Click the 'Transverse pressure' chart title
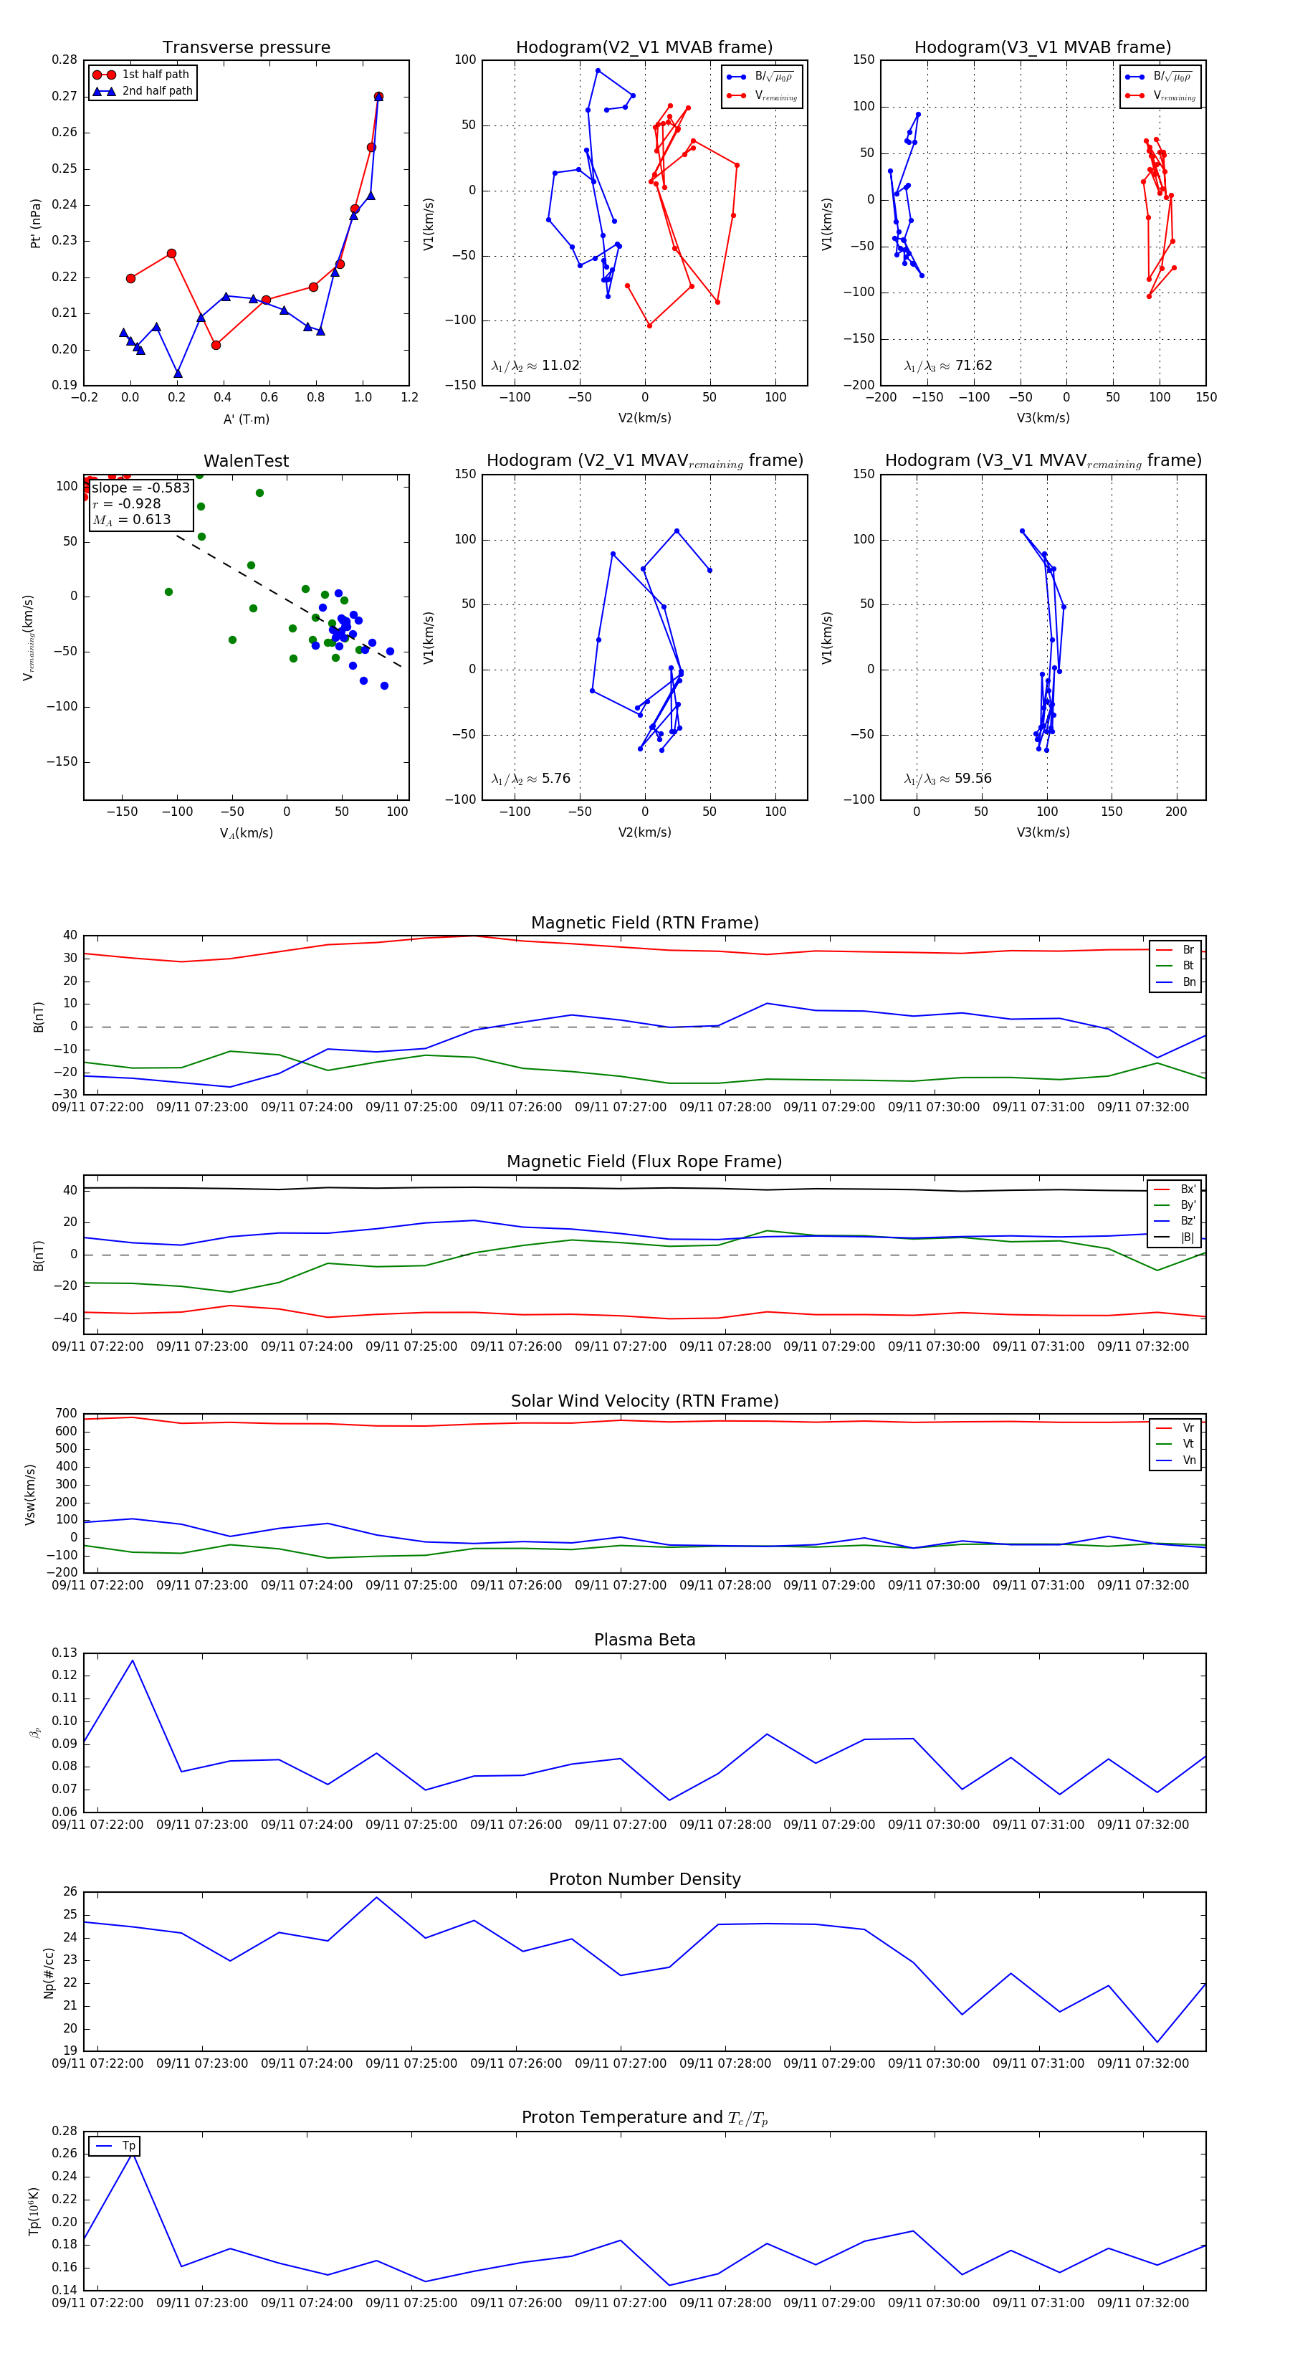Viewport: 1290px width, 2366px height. click(x=246, y=48)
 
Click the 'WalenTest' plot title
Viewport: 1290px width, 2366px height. click(x=246, y=461)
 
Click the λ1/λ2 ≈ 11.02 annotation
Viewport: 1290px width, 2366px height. click(x=535, y=366)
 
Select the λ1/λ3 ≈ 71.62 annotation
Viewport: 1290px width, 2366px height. click(x=947, y=366)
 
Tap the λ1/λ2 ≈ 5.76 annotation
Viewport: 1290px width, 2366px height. click(x=530, y=779)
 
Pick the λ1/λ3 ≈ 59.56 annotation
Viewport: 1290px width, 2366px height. click(x=947, y=779)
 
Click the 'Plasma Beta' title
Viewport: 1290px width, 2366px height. click(x=644, y=1640)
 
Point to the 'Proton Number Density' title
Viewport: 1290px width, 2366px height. click(x=644, y=1879)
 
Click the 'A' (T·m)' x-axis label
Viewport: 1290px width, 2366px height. click(x=246, y=419)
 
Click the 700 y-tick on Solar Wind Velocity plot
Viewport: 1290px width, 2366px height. click(x=66, y=1414)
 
